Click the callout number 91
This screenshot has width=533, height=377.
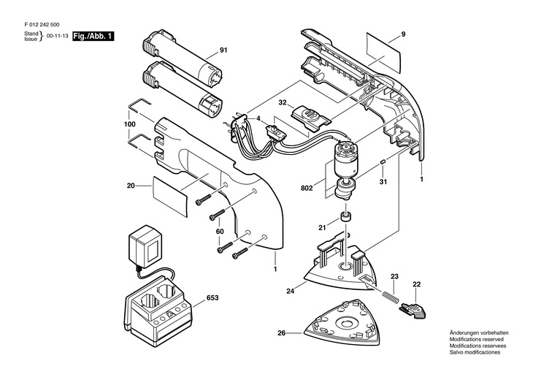tap(223, 50)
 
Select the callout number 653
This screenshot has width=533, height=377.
tap(212, 297)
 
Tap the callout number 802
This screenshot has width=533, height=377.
tap(307, 188)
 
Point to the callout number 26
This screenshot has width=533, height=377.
tap(281, 333)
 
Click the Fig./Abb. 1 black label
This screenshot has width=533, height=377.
tap(93, 36)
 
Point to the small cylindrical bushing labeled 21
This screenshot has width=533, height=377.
tap(346, 217)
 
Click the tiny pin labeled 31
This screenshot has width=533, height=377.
tap(382, 162)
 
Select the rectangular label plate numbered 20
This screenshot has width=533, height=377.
tap(170, 197)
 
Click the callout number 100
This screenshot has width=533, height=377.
tap(129, 124)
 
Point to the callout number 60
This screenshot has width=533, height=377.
tap(220, 232)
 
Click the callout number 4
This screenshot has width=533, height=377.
tap(258, 119)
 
